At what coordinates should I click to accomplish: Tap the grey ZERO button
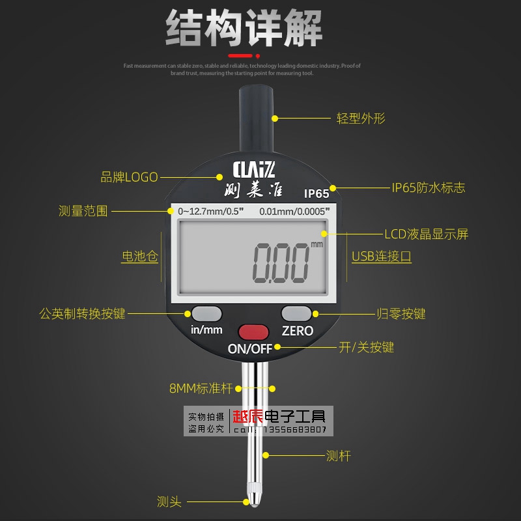pos(297,312)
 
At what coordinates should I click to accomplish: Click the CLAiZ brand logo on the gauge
pos(255,170)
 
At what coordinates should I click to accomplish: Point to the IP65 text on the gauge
pos(317,193)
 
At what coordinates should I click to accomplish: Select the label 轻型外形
pos(361,119)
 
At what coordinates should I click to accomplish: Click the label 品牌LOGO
pos(130,176)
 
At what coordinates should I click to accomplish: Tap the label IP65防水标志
pos(429,188)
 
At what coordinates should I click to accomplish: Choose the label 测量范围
pos(83,211)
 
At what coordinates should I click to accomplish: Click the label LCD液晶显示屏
pos(427,234)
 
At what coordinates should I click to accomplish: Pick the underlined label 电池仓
pos(140,257)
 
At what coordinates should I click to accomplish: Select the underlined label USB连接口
pos(382,257)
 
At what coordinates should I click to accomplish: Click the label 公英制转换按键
pos(83,313)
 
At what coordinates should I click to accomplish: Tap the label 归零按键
pos(401,313)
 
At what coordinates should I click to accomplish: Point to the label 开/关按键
pos(367,347)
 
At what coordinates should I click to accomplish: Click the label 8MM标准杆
pos(201,389)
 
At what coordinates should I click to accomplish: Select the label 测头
pos(169,501)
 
